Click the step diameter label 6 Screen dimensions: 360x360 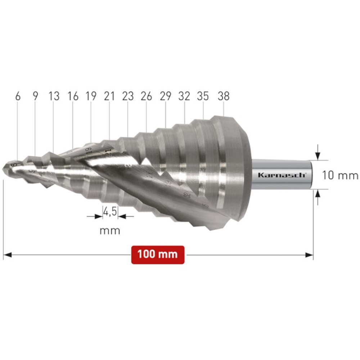18,96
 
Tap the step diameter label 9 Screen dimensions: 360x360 35,96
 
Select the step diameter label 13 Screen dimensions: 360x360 54,96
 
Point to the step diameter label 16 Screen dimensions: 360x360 73,96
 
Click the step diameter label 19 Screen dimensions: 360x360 91,96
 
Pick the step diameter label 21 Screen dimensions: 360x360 109,96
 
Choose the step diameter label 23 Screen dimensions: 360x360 128,96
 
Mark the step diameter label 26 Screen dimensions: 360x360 147,96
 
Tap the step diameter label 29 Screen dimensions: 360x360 166,96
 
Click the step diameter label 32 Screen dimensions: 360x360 184,96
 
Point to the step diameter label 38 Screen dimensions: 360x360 223,96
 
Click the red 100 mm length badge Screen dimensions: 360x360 158,255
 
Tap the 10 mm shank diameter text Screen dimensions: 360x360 340,175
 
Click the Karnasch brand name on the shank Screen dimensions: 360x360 282,175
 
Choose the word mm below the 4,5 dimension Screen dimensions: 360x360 110,230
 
